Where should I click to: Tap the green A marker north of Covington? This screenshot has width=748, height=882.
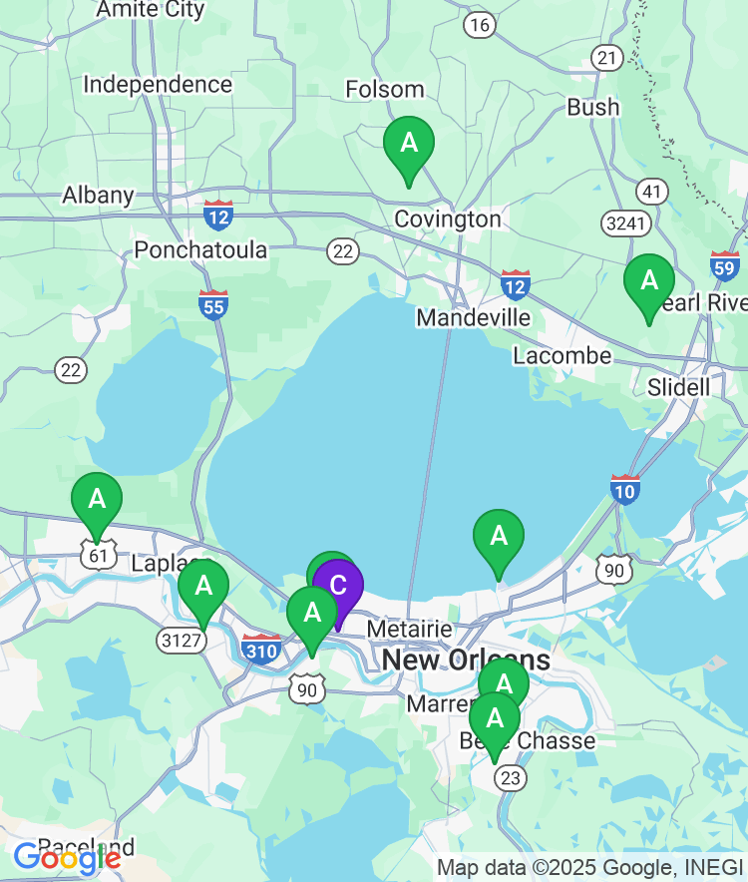click(x=409, y=145)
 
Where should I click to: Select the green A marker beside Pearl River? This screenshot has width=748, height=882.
click(x=649, y=282)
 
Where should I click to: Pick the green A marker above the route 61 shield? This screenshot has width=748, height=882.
click(x=97, y=500)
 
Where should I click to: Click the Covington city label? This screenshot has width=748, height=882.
click(x=448, y=219)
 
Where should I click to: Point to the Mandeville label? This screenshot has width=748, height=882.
click(x=473, y=317)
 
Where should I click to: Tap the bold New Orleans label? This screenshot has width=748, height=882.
click(x=466, y=660)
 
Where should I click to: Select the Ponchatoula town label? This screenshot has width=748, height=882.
click(x=200, y=249)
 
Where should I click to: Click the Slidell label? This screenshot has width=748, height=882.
click(x=679, y=386)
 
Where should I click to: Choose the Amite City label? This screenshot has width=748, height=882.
click(x=150, y=10)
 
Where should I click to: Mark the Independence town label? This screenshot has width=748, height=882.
click(x=158, y=85)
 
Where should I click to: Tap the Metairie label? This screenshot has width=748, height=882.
click(x=410, y=630)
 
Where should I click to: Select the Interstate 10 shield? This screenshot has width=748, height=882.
click(x=625, y=488)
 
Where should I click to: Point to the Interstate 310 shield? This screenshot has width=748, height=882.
click(x=261, y=648)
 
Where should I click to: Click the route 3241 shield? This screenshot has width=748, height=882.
click(x=626, y=222)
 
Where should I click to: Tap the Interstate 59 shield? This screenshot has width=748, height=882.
click(x=725, y=265)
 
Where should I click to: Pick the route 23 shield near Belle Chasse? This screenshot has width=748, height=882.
click(x=510, y=777)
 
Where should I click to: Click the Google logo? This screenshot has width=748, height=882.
click(x=67, y=857)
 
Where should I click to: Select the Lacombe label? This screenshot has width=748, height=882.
click(x=561, y=355)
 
